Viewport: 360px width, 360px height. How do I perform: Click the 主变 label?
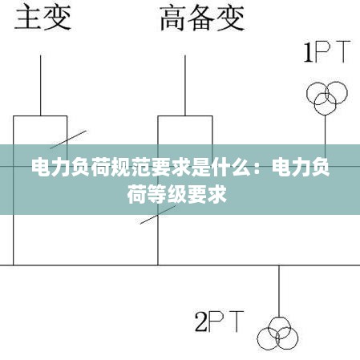click(43, 18)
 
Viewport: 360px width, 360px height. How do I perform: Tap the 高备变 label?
click(202, 18)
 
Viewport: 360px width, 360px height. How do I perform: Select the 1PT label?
click(327, 51)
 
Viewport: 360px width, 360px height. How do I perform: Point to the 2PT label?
click(220, 322)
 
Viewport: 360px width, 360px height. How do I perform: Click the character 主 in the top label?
click(28, 18)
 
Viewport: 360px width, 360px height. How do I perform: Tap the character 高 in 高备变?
click(173, 18)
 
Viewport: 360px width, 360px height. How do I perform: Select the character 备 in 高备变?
click(202, 18)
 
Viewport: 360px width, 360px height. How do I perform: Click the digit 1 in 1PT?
click(309, 51)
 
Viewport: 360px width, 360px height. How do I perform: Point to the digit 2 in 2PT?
click(201, 322)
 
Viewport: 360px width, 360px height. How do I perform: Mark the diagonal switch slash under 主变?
click(68, 140)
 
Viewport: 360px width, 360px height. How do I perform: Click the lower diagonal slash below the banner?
click(158, 215)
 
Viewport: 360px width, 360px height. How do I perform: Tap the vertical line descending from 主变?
click(41, 86)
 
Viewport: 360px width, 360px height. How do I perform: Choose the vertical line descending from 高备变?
click(185, 86)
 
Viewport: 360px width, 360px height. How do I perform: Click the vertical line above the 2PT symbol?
click(279, 291)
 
